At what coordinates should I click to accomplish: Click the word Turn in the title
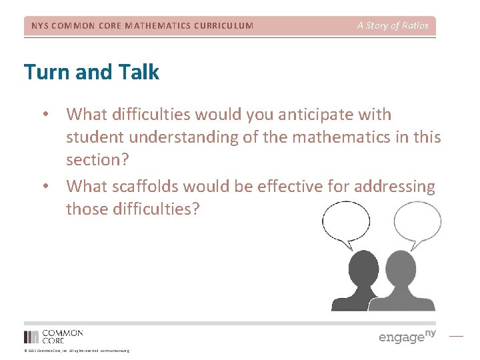[45, 71]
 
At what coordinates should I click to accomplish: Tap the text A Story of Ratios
[393, 26]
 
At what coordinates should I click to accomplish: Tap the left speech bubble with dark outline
[347, 223]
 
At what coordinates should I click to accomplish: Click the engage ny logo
[407, 336]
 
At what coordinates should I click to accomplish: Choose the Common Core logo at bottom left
[53, 336]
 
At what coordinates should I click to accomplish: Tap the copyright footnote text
[77, 351]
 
